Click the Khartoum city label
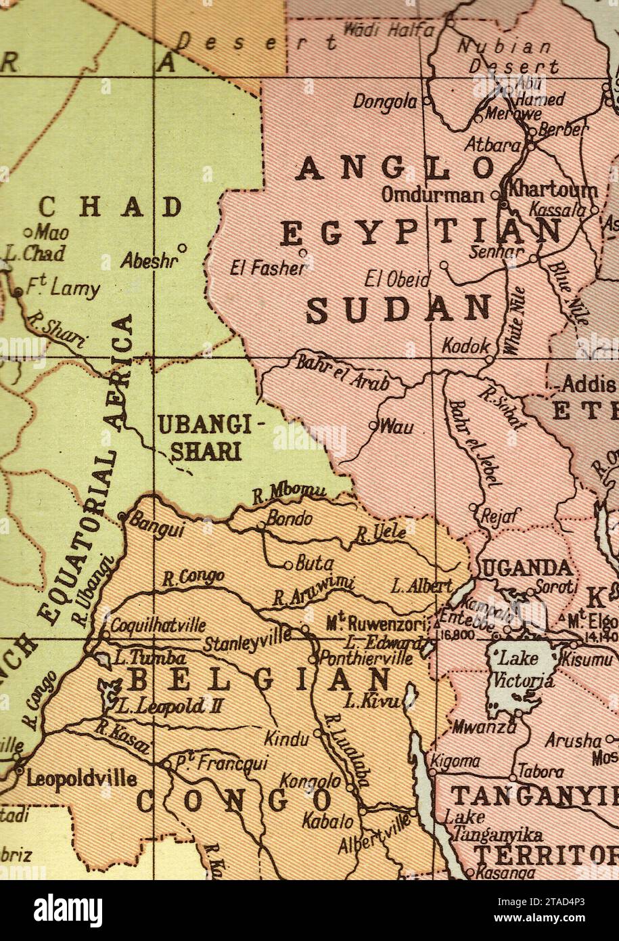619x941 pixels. point(553,189)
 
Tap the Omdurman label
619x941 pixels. point(433,195)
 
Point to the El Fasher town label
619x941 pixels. point(267,268)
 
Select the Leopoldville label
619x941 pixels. point(81,779)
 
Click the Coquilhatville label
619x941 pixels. point(158,626)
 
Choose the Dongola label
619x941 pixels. point(385,102)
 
